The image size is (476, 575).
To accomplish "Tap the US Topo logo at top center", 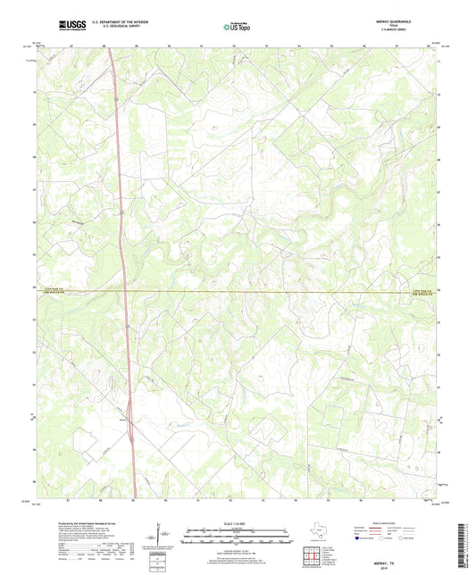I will click(236, 26).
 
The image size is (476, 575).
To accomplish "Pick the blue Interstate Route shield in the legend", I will click(359, 539).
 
